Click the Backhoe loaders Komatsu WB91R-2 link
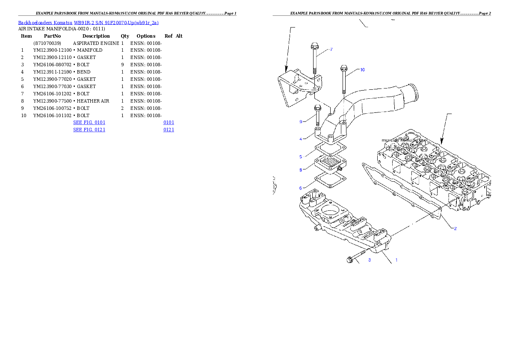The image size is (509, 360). coord(88,23)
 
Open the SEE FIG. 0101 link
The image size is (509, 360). coord(89,122)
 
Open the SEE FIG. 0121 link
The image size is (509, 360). coord(89,129)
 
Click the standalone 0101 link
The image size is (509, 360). coord(169,122)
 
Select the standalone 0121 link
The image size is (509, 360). coord(169,129)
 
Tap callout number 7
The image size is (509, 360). coord(331,50)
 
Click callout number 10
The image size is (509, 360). coord(362,70)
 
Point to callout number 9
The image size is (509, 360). coord(301,122)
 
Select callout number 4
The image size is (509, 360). coord(301,139)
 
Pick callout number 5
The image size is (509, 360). coord(301,157)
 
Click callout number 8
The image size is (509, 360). coord(301,170)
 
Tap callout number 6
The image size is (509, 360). coord(301,188)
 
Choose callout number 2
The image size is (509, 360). coord(455,228)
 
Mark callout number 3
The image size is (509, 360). coord(370,260)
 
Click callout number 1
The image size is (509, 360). coord(396,260)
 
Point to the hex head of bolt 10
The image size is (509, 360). coord(343,68)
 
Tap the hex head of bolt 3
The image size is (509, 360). coord(349,260)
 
